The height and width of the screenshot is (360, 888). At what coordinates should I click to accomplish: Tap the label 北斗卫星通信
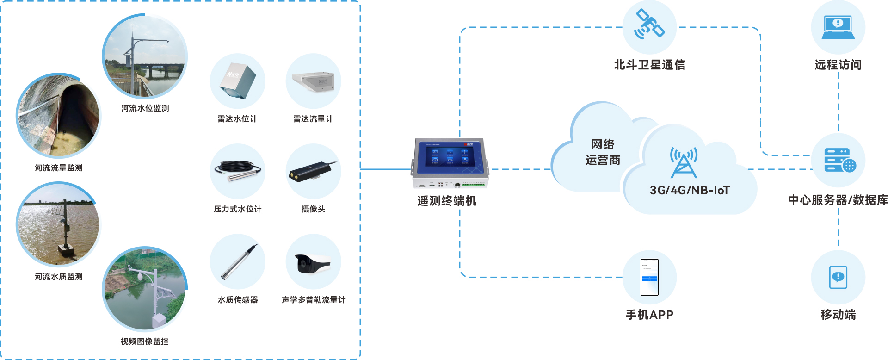pyautogui.click(x=649, y=65)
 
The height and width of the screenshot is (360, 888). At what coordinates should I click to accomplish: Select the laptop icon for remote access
pyautogui.click(x=838, y=27)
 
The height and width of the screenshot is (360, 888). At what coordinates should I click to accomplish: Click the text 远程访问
pyautogui.click(x=838, y=65)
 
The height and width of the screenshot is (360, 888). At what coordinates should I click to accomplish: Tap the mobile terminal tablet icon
pyautogui.click(x=838, y=277)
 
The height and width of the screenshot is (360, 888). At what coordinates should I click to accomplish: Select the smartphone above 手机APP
pyautogui.click(x=649, y=277)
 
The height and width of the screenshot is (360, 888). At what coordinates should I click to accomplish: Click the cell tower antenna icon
pyautogui.click(x=684, y=163)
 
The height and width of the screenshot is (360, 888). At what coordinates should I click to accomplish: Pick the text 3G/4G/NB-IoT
pyautogui.click(x=690, y=190)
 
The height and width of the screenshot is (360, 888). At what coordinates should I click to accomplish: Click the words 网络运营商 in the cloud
pyautogui.click(x=603, y=152)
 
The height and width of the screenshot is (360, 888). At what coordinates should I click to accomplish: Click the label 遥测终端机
pyautogui.click(x=447, y=201)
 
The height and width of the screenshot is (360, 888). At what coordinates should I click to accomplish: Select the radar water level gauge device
pyautogui.click(x=238, y=81)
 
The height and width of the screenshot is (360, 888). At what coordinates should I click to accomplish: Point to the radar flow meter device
pyautogui.click(x=314, y=81)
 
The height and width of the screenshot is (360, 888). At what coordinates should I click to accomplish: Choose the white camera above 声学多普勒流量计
pyautogui.click(x=314, y=263)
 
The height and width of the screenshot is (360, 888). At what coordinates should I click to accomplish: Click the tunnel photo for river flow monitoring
pyautogui.click(x=58, y=116)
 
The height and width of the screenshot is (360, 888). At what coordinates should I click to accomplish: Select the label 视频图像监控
pyautogui.click(x=145, y=341)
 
